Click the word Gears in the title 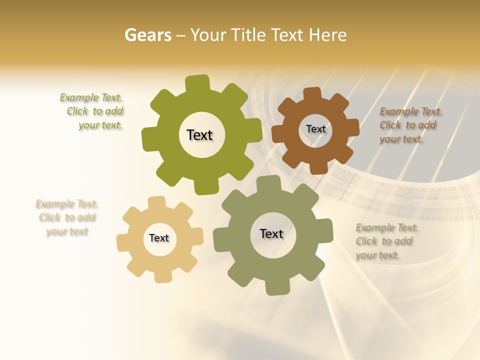[147, 35]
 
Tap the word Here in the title [327, 35]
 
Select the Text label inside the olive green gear [199, 135]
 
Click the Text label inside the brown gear [316, 129]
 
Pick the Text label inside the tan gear [159, 238]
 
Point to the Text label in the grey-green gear [271, 233]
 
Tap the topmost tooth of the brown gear [312, 94]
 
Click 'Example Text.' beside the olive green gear [91, 97]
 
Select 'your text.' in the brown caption [401, 139]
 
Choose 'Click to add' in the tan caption [67, 217]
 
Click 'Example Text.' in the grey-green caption [387, 227]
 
